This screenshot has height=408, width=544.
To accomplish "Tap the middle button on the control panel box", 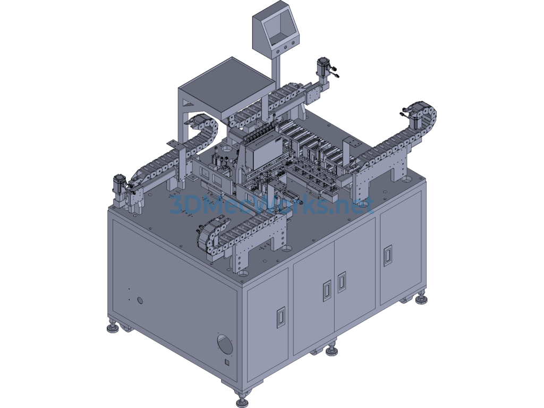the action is pos(285,47).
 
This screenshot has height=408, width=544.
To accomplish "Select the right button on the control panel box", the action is pos(293,44).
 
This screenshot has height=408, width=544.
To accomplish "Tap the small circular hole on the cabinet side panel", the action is pos(140,300).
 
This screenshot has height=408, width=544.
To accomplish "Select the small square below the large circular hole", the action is pos(227,362).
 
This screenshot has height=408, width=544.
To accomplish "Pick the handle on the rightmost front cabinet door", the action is pos(387,256).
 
